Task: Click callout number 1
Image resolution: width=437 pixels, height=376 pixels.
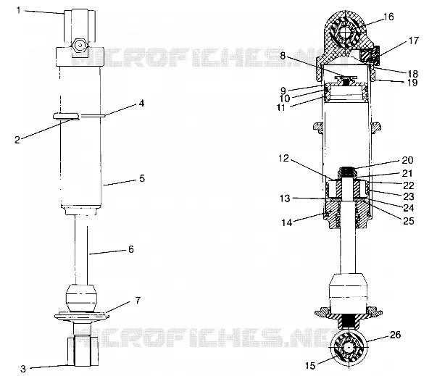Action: [19, 10]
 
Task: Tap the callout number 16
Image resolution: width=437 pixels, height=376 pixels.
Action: [388, 17]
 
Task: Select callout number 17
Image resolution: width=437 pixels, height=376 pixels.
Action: [414, 41]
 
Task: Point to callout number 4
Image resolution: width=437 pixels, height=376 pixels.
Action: [141, 104]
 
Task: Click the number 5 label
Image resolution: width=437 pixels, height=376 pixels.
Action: [142, 178]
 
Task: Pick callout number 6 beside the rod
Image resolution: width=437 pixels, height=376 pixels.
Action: [131, 249]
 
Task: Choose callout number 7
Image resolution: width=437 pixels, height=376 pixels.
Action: [138, 301]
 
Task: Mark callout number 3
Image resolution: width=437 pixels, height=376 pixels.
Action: [23, 369]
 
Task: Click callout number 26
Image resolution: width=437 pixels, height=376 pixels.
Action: [395, 335]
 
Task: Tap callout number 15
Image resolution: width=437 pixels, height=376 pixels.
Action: [310, 365]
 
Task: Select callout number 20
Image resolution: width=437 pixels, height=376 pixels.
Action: [407, 160]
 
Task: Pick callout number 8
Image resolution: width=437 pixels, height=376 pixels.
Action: [283, 56]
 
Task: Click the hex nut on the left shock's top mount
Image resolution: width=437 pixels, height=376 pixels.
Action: [80, 45]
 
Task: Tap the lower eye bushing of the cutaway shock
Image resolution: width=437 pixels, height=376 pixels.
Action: [349, 348]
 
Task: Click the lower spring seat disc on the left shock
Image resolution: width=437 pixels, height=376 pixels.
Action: [82, 317]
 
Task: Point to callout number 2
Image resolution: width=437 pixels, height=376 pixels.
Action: [17, 140]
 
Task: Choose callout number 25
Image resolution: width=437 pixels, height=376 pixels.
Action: [409, 221]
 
